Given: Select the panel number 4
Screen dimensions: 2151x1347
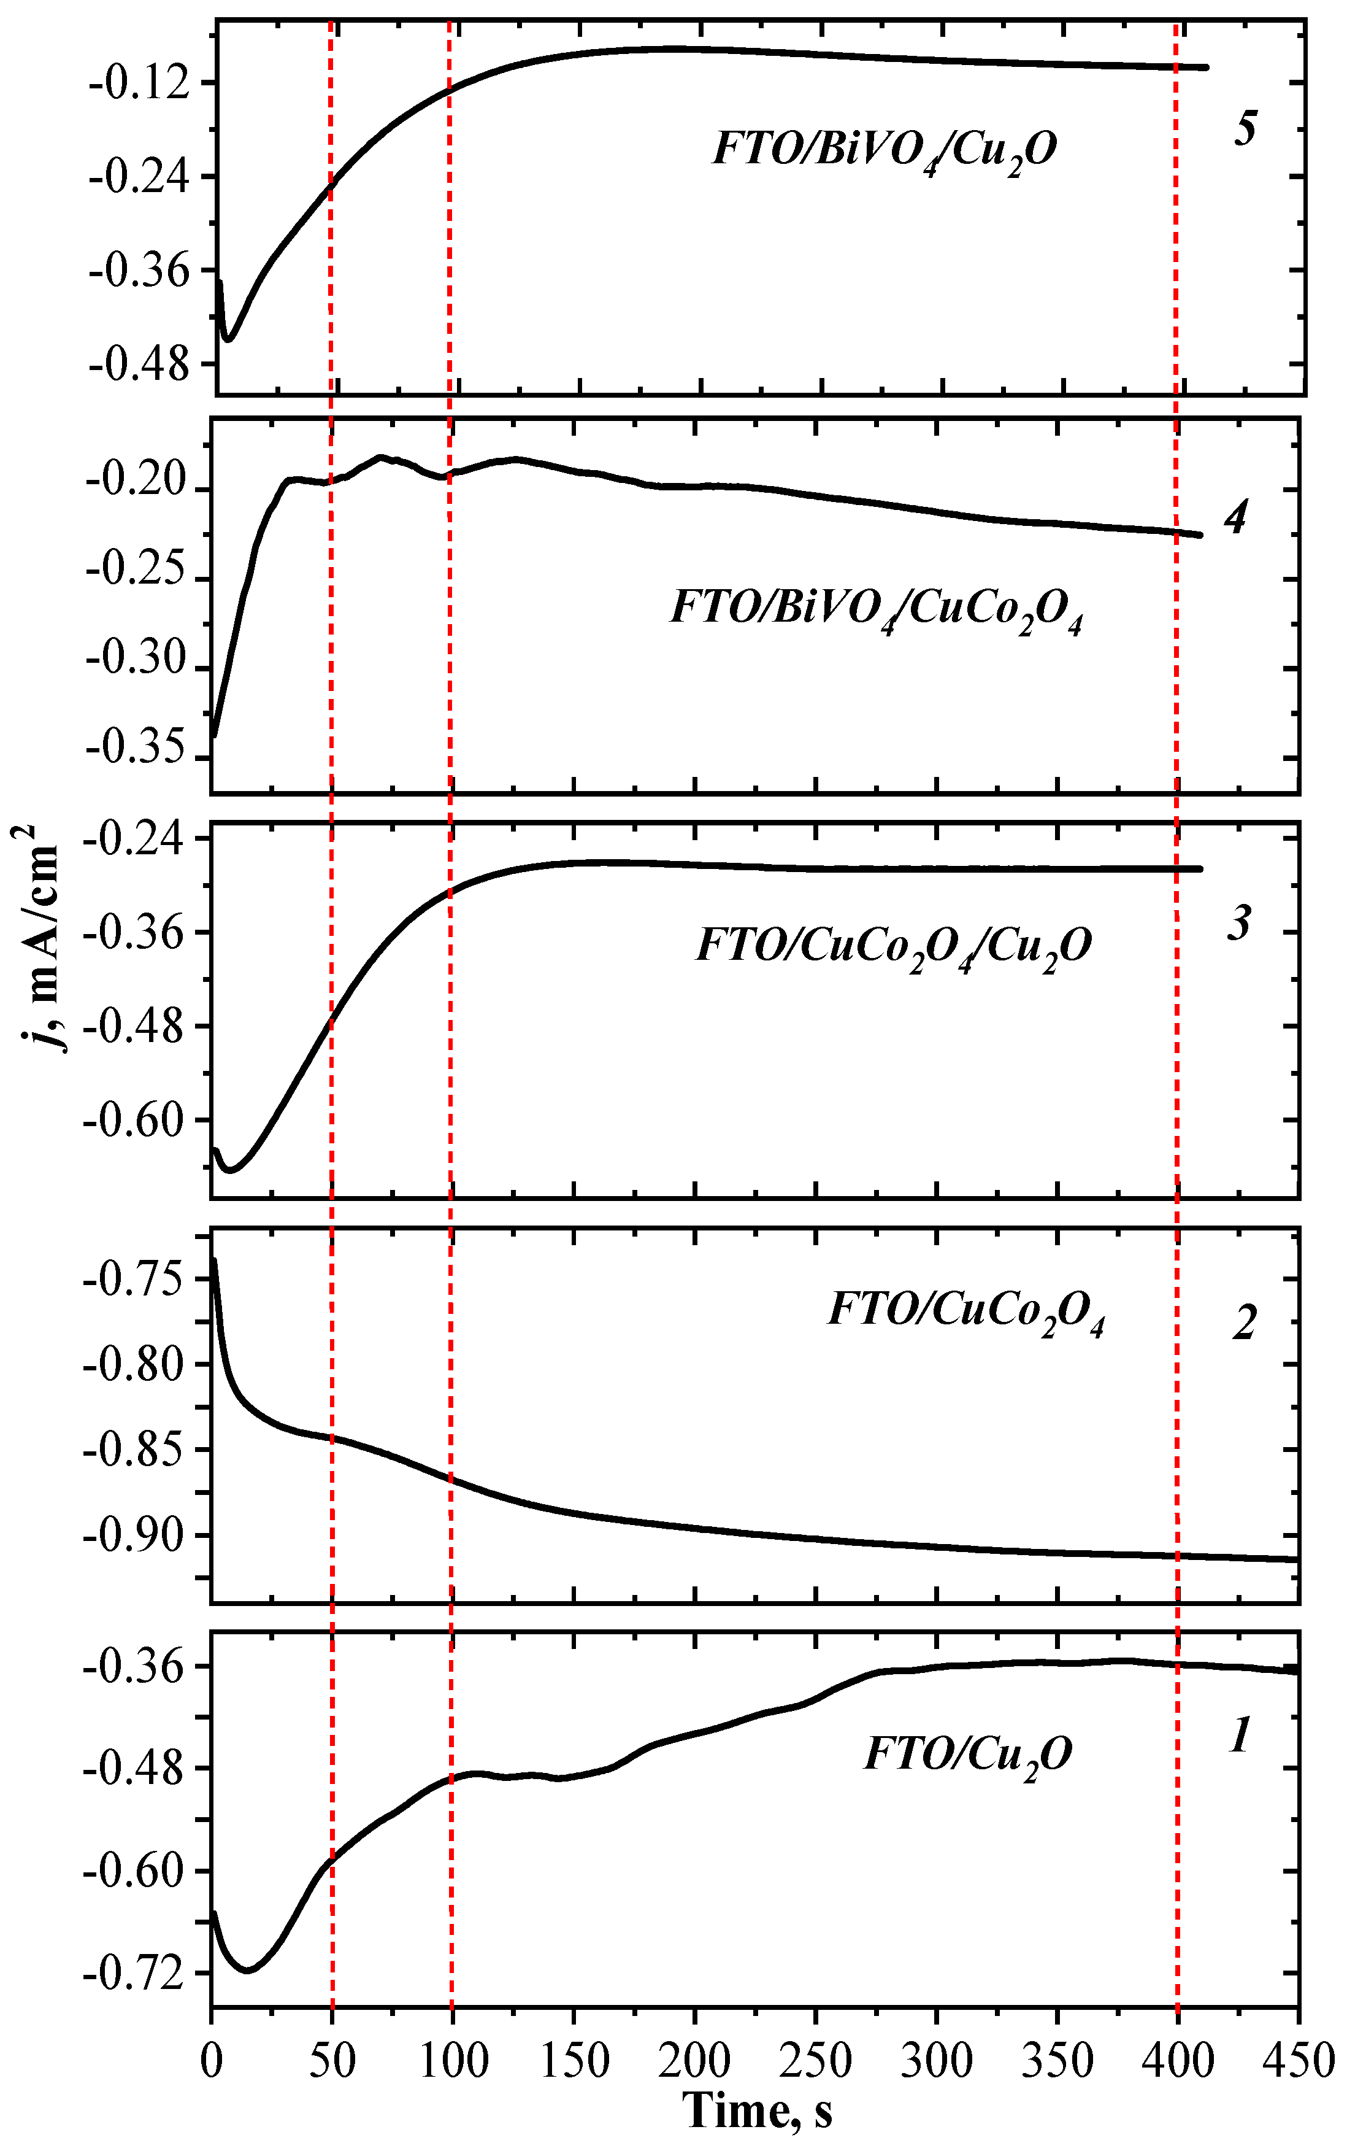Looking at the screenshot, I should click(1235, 518).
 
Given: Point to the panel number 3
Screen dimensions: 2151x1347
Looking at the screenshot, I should click(1239, 923).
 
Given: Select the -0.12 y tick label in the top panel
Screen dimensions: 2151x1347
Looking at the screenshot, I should click(139, 83).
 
